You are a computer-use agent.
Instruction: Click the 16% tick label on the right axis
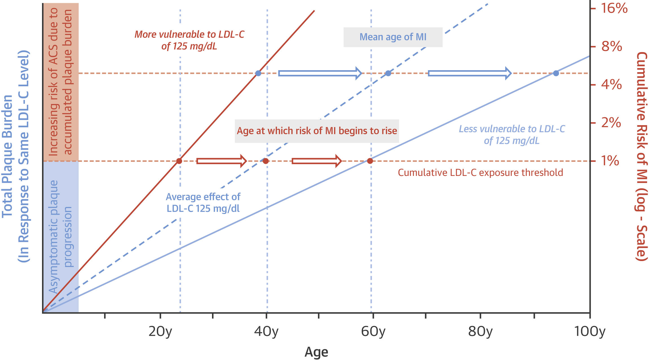pyautogui.click(x=614, y=8)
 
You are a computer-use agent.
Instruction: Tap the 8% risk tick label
pyautogui.click(x=612, y=47)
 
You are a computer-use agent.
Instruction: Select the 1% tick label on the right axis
pyautogui.click(x=610, y=161)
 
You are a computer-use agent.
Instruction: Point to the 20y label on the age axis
pyautogui.click(x=160, y=332)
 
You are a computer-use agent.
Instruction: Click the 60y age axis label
pyautogui.click(x=373, y=332)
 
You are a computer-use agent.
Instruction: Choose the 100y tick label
pyautogui.click(x=590, y=332)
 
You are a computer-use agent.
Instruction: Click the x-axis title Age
pyautogui.click(x=316, y=352)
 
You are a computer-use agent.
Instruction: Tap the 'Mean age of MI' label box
pyautogui.click(x=393, y=37)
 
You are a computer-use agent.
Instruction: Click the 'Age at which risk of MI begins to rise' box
pyautogui.click(x=317, y=131)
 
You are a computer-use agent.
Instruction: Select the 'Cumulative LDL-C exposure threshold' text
pyautogui.click(x=480, y=173)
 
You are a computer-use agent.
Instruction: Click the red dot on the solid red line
pyautogui.click(x=179, y=161)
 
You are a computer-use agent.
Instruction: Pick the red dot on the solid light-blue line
pyautogui.click(x=370, y=161)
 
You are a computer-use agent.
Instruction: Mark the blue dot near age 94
pyautogui.click(x=556, y=73)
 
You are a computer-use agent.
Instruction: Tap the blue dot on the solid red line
pyautogui.click(x=258, y=73)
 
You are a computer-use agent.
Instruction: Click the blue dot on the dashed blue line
pyautogui.click(x=388, y=73)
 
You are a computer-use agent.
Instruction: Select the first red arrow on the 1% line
pyautogui.click(x=221, y=161)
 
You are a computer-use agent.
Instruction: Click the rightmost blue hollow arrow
pyautogui.click(x=469, y=73)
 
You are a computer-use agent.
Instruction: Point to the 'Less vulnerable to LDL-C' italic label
pyautogui.click(x=512, y=135)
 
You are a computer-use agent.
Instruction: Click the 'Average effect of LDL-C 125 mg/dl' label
pyautogui.click(x=203, y=202)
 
